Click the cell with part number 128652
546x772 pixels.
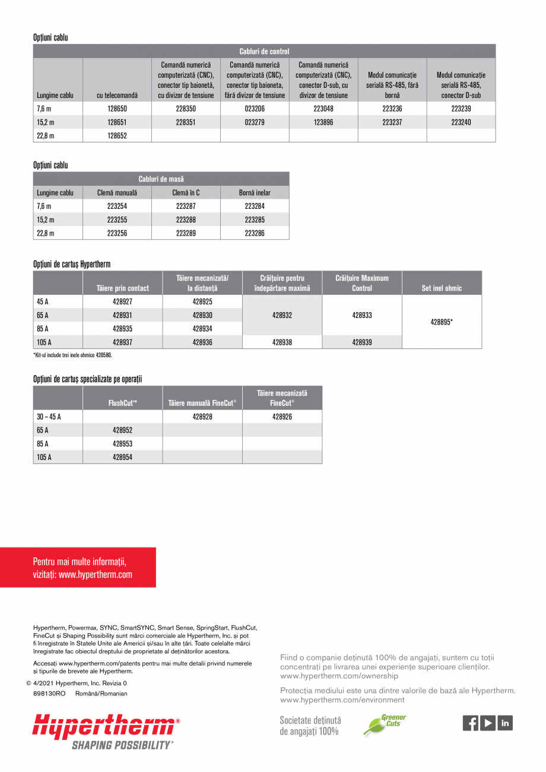117,135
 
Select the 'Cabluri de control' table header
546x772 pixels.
264,52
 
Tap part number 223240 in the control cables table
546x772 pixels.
461,122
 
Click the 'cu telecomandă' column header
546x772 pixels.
117,95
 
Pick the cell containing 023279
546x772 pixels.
255,122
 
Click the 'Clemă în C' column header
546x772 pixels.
186,193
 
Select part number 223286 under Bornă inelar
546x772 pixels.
255,233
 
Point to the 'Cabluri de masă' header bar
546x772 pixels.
161,179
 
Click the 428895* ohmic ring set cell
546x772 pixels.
442,322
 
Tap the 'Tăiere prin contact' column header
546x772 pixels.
122,288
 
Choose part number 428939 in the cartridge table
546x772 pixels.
362,342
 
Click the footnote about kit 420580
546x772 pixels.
72,355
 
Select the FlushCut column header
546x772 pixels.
122,403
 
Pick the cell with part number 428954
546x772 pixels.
122,457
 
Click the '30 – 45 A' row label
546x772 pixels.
49,417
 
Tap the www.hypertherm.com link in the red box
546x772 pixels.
96,574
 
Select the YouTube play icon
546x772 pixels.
488,723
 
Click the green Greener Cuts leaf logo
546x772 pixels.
385,725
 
